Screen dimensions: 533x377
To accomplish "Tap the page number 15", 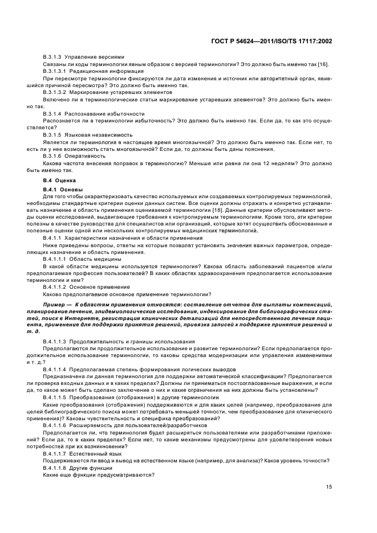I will tap(329, 486).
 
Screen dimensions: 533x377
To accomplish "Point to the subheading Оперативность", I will tap(85, 155).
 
